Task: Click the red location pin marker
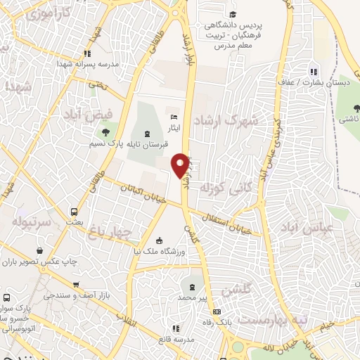click(x=181, y=165)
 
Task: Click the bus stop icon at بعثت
click(x=74, y=210)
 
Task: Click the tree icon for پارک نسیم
click(x=105, y=131)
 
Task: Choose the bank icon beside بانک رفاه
click(x=217, y=311)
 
